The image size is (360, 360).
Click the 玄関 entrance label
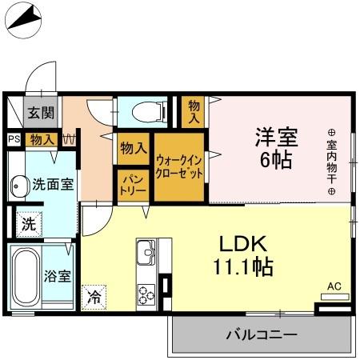point(41,114)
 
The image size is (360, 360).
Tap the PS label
point(13,139)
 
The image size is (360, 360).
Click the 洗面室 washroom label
point(53,184)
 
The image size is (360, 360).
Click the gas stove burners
point(147,294)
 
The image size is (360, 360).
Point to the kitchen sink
point(147,255)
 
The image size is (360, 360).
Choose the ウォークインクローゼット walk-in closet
point(179,166)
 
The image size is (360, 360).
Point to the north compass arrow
point(24,18)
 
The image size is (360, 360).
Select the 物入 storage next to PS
point(42,140)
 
